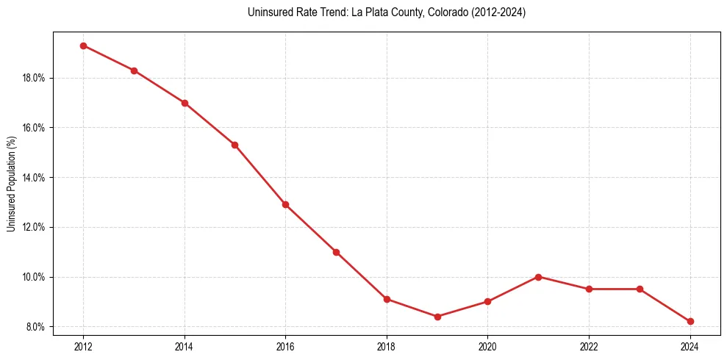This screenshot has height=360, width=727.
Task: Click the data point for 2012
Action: (83, 46)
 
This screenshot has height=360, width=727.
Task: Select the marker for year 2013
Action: (134, 71)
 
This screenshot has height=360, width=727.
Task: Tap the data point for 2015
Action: (234, 145)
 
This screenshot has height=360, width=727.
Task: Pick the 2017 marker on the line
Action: (336, 252)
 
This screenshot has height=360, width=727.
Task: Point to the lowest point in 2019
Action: (437, 317)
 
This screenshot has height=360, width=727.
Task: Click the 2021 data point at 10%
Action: (538, 277)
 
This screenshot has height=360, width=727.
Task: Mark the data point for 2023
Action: (640, 289)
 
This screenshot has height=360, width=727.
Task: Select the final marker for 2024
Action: (690, 321)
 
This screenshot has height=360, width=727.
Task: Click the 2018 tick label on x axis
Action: (387, 346)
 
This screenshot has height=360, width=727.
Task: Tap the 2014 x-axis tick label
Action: (185, 346)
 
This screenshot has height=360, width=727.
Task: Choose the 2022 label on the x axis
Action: (589, 346)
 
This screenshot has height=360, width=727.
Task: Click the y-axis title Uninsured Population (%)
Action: (11, 184)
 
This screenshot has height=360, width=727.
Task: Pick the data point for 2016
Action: (285, 204)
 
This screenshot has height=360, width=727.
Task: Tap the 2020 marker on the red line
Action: (488, 301)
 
